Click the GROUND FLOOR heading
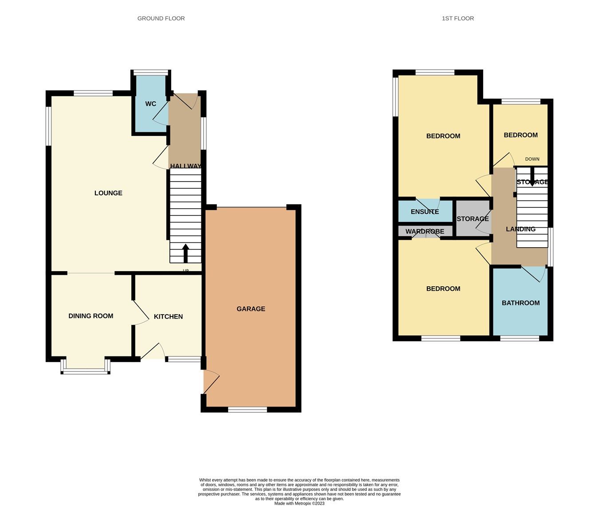(x=161, y=18)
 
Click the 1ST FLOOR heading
(x=457, y=18)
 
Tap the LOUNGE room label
(x=108, y=193)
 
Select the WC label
(x=151, y=104)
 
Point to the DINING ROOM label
(x=91, y=316)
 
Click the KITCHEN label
(x=168, y=316)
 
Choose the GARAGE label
(x=251, y=309)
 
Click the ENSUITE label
(x=425, y=212)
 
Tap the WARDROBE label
(x=425, y=231)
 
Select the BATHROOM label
(x=520, y=303)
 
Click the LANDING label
(x=520, y=229)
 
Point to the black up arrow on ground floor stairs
(x=185, y=253)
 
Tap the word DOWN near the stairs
(x=532, y=159)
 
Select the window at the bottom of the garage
(x=247, y=409)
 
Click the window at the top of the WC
(x=151, y=72)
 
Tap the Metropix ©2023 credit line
(x=299, y=503)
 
